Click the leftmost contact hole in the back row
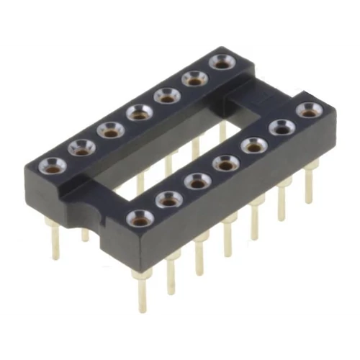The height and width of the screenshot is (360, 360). (x=53, y=166)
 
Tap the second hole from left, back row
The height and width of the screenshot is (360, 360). (x=82, y=148)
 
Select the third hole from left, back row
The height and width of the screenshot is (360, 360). (x=111, y=130)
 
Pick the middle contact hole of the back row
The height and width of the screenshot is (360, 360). (x=139, y=112)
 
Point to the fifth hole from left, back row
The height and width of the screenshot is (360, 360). (x=168, y=94)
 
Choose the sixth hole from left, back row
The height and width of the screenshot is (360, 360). (x=195, y=78)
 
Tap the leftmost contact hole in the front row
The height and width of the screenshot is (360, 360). (x=140, y=217)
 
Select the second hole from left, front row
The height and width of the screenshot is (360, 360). (x=169, y=199)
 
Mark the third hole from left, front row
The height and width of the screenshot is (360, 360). (x=198, y=181)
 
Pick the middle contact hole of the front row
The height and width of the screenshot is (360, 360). (x=226, y=163)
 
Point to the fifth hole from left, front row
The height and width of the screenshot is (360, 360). (x=254, y=145)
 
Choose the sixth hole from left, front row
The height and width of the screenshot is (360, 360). (x=282, y=127)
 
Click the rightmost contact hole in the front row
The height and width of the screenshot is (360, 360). (x=309, y=110)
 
